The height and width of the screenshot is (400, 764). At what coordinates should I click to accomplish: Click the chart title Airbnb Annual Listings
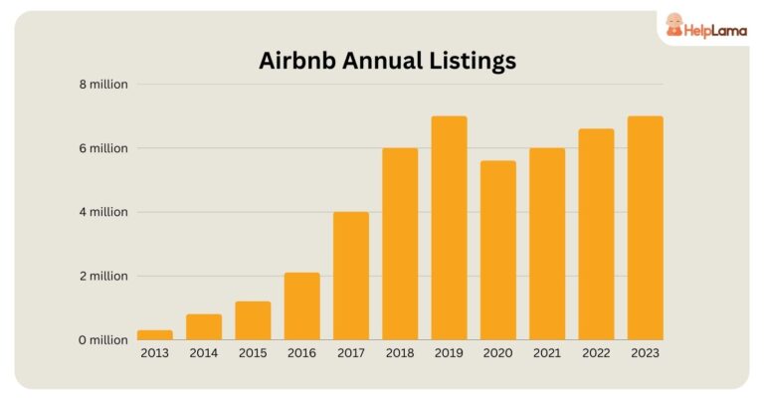(387, 61)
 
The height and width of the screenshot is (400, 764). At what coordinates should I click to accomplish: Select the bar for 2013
(155, 334)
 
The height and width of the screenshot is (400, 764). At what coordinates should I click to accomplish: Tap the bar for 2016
(302, 306)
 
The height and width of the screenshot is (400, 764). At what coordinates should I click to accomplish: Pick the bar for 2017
(351, 276)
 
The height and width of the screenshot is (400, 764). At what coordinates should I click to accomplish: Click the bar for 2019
(449, 228)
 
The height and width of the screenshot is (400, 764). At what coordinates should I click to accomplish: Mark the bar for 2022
(596, 235)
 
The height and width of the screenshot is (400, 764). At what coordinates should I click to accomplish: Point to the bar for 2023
(645, 228)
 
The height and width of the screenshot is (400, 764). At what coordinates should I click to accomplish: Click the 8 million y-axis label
(103, 85)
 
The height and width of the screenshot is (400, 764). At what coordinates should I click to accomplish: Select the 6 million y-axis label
(103, 148)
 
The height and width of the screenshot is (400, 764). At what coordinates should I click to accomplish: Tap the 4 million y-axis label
(103, 212)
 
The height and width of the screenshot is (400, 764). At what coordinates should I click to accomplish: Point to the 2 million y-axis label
(103, 276)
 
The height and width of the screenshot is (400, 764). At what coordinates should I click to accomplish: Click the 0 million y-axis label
(103, 340)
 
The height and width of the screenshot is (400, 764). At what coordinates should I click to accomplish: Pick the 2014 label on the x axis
(204, 352)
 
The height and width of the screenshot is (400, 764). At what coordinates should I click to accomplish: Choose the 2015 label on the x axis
(253, 352)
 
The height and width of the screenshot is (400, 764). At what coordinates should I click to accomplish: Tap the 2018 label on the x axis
(400, 352)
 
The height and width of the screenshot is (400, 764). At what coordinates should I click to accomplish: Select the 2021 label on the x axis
(547, 352)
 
